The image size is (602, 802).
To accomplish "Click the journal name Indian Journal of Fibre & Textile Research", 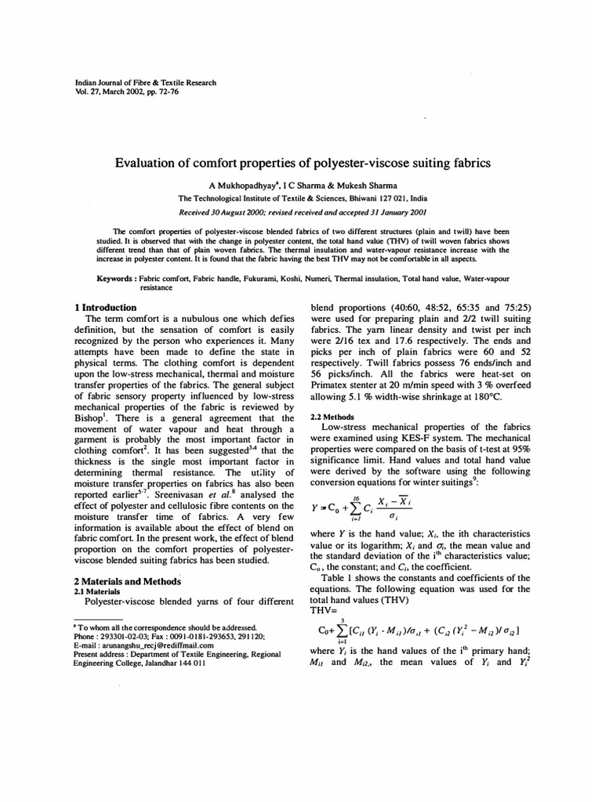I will pyautogui.click(x=145, y=82).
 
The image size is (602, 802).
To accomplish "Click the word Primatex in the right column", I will pyautogui.click(x=332, y=385).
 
